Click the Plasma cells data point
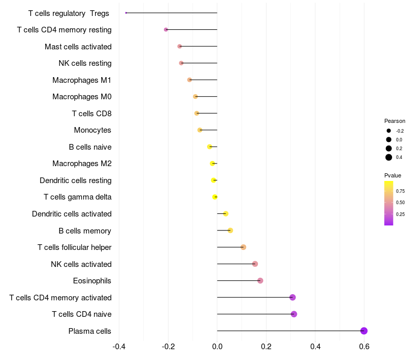pos(364,331)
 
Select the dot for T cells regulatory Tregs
pos(126,13)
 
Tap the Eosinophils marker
pos(260,281)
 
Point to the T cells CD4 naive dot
pos(294,314)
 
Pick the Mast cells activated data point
pos(179,46)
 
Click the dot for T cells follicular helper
pos(244,247)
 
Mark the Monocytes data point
pos(200,130)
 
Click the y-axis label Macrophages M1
pos(82,80)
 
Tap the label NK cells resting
pos(85,63)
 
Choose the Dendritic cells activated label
pos(71,214)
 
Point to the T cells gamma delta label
pos(78,197)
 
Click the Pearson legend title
pos(395,121)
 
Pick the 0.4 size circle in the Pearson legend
pos(389,157)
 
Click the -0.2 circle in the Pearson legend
pos(389,131)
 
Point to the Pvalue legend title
pos(393,175)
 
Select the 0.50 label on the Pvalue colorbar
pos(400,203)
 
